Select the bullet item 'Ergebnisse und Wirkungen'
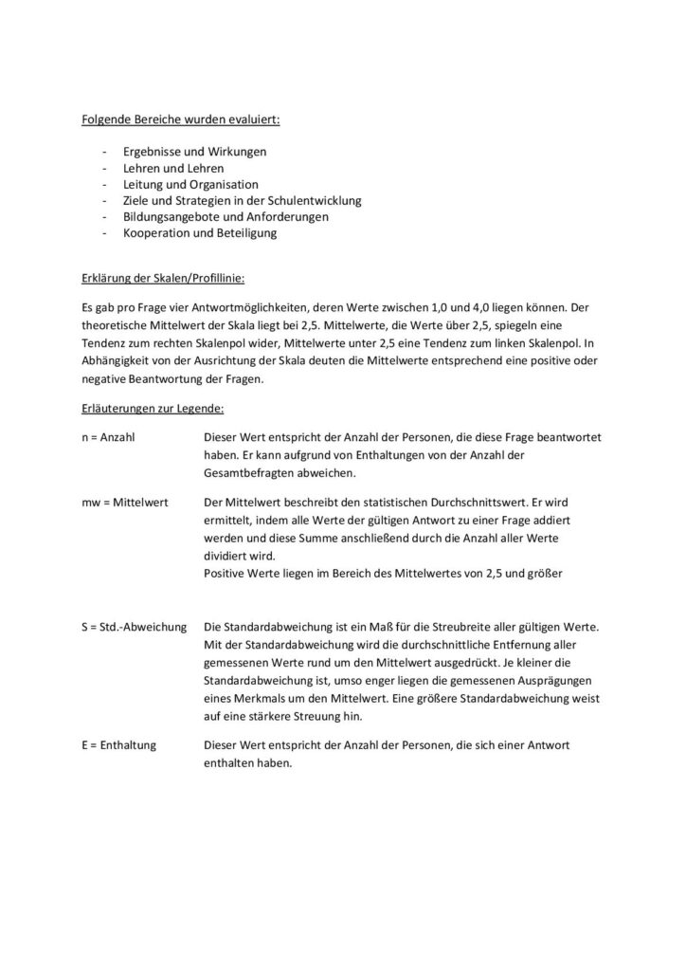tap(194, 152)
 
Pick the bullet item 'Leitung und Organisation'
tap(190, 184)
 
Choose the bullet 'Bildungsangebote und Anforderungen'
tap(226, 216)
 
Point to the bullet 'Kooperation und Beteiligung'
tap(200, 232)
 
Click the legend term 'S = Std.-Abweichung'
tap(134, 627)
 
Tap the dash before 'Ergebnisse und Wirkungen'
tap(102, 152)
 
